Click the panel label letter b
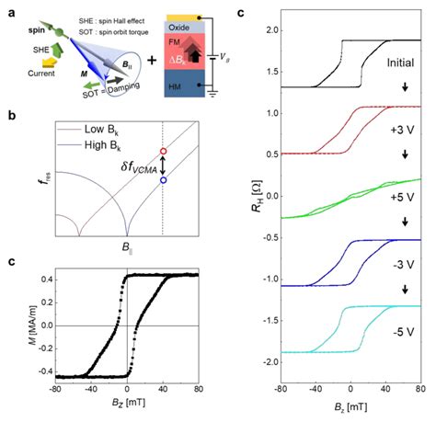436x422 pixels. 9,117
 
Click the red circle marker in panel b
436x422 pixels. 163,151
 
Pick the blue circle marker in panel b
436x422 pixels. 163,180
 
